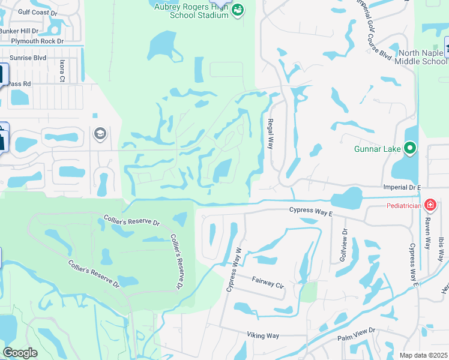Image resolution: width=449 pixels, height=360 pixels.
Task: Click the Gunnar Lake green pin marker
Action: (x=411, y=148)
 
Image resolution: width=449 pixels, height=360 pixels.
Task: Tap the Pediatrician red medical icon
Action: (x=430, y=206)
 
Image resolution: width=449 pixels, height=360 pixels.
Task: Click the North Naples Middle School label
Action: (x=418, y=57)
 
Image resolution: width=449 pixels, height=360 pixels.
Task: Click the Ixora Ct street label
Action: (x=61, y=70)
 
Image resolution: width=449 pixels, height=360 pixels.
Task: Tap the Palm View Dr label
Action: (x=356, y=334)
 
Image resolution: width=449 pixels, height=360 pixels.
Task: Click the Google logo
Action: (x=20, y=353)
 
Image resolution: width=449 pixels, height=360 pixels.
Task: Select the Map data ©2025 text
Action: (x=423, y=355)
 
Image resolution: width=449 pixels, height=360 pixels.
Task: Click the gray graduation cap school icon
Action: (x=100, y=133)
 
